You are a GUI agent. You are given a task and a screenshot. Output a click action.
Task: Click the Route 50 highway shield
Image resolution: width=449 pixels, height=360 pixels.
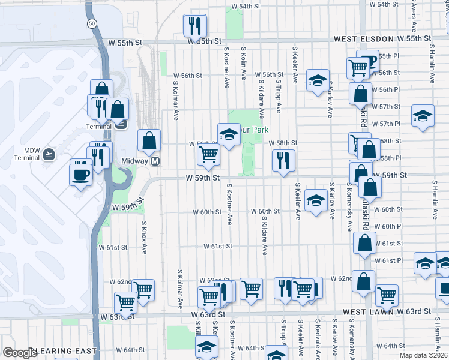click(91, 23)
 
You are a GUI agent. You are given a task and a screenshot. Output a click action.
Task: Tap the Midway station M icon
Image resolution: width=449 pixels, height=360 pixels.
click(155, 161)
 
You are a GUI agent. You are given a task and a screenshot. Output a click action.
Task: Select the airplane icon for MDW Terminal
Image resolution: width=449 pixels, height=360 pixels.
click(49, 154)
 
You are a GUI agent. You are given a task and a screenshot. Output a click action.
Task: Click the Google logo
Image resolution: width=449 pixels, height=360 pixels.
click(20, 353)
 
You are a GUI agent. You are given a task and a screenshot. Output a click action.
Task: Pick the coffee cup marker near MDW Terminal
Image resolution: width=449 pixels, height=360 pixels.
click(80, 174)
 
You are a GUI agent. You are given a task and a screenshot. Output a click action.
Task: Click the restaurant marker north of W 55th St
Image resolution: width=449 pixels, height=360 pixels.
click(194, 26)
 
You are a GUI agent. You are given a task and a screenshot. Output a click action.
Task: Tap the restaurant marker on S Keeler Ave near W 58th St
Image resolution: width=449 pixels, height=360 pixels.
click(283, 160)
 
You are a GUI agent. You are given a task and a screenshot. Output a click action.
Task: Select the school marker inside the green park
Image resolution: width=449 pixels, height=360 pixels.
click(229, 135)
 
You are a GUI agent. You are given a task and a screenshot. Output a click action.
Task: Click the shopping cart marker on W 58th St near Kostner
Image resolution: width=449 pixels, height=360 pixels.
click(208, 154)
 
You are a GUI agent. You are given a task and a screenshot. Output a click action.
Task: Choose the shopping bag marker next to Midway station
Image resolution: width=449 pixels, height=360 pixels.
click(149, 140)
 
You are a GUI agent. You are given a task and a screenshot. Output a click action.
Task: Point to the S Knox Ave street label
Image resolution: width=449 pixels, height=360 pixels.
click(144, 236)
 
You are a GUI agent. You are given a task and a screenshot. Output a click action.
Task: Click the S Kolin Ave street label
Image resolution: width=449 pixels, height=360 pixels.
click(244, 64)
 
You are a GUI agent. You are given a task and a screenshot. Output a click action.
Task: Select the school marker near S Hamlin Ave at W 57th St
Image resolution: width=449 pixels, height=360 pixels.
click(423, 115)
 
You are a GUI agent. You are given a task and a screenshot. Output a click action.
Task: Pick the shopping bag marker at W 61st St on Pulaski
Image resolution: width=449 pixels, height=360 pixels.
click(364, 243)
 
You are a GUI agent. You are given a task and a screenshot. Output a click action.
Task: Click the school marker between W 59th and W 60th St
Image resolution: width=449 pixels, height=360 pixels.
click(316, 200)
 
